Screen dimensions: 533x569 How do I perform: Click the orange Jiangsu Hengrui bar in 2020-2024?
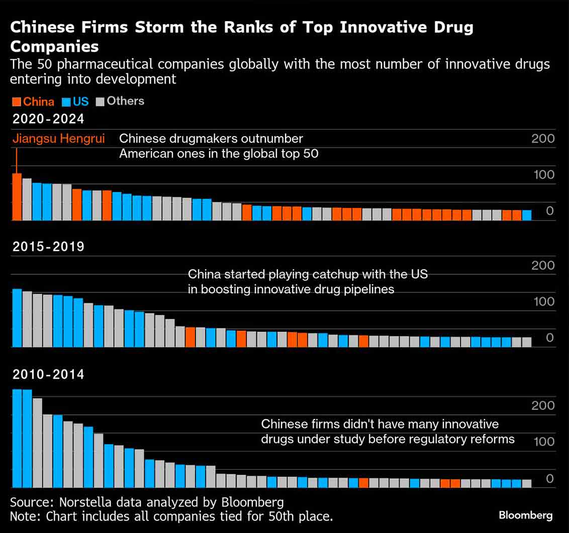17,197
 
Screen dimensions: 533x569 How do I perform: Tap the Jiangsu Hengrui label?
58,139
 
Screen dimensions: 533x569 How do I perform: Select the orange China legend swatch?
16,101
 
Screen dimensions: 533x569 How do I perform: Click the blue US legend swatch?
65,101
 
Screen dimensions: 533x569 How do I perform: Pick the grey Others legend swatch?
100,101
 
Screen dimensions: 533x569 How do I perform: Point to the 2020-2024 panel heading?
48,119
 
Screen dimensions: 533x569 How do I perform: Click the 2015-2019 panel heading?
48,247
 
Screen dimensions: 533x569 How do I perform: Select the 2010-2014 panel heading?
48,374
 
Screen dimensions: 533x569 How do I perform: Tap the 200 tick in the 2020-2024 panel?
543,139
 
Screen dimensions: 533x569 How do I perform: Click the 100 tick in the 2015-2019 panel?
543,301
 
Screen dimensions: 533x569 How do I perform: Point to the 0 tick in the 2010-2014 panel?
549,479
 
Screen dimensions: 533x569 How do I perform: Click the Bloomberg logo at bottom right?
525,515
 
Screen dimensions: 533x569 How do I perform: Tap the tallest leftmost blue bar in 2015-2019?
17,318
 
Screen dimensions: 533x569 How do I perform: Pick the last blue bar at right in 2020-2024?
526,215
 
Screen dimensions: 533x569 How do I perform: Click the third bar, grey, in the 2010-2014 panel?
37,443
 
